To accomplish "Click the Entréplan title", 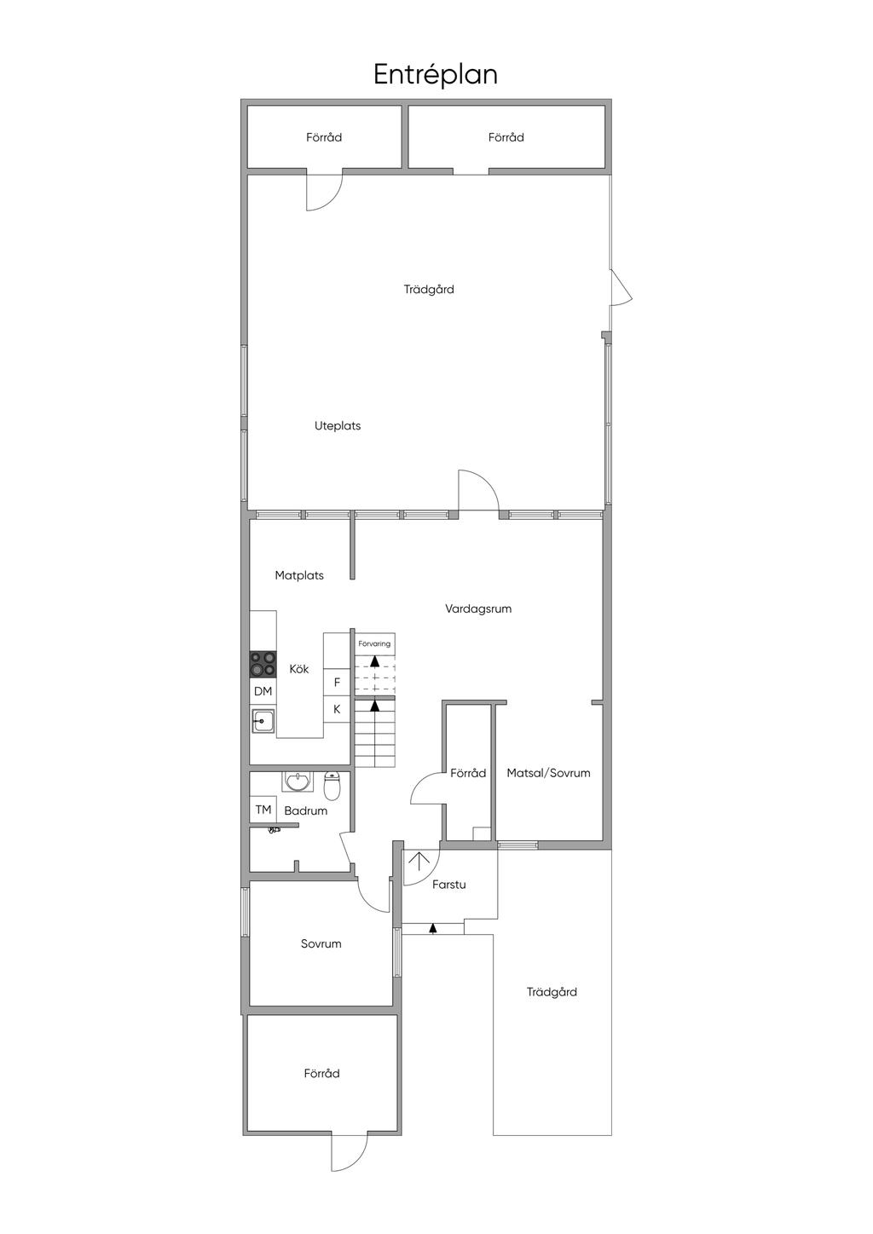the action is (x=436, y=75).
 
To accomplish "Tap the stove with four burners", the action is (x=263, y=664).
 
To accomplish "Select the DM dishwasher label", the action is (x=263, y=691).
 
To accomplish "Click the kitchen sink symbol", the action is (x=263, y=721).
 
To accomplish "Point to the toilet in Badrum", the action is (x=332, y=785).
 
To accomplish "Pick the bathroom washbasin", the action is (x=298, y=781).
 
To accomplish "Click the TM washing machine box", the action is (x=263, y=810).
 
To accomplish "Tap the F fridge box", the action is (x=337, y=683).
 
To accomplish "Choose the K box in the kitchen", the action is (x=337, y=710).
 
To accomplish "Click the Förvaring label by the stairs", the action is (x=374, y=643).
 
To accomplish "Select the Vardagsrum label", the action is (x=478, y=608).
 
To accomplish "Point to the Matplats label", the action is (x=299, y=575).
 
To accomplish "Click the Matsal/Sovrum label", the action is (x=548, y=773).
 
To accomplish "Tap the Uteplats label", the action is (x=338, y=426).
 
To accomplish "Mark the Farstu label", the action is (x=449, y=885).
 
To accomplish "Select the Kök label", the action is (x=299, y=669).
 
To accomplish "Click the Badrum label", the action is (x=306, y=810).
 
